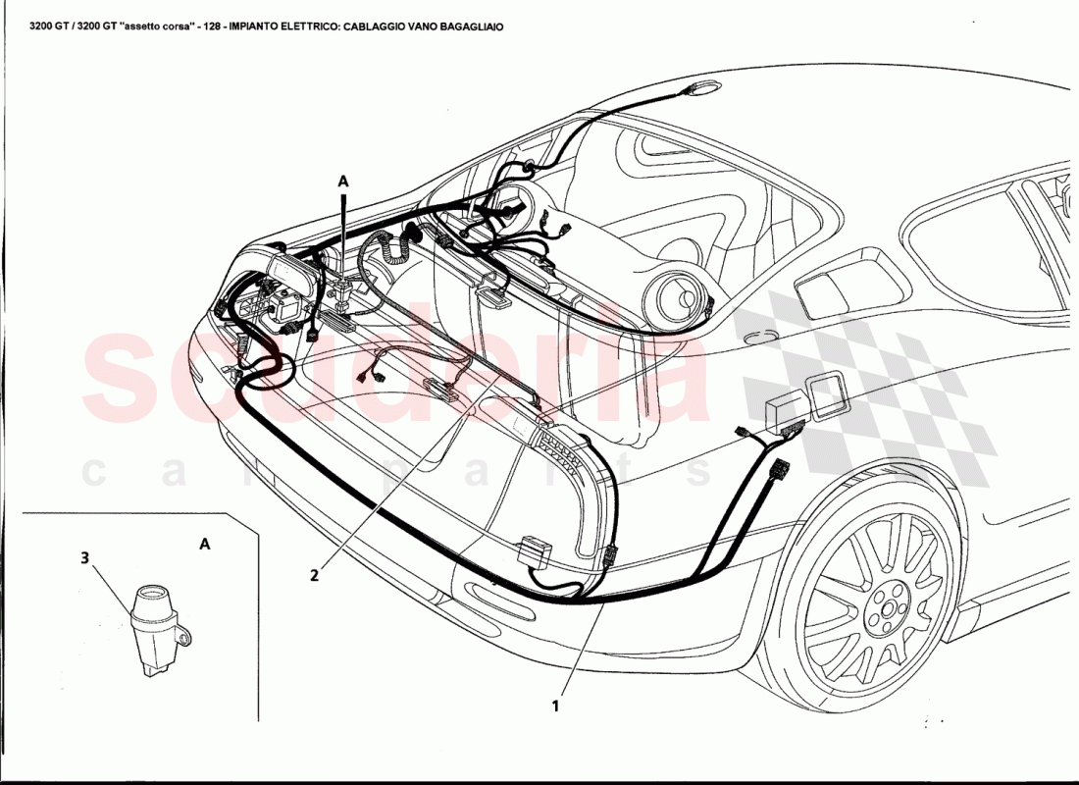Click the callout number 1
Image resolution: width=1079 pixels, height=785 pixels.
(x=555, y=704)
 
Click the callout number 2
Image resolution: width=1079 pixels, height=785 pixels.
(x=315, y=575)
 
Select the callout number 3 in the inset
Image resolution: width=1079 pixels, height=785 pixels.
(x=85, y=558)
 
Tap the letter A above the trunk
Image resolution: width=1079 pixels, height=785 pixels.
(x=343, y=181)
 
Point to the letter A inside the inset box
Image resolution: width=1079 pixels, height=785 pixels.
(x=204, y=542)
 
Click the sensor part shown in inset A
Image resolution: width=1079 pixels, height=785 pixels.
(x=152, y=627)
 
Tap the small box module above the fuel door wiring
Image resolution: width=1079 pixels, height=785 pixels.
(x=784, y=413)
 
